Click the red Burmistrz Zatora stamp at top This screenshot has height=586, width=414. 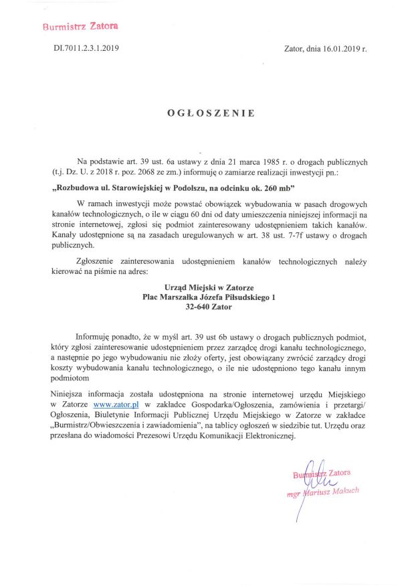(x=80, y=27)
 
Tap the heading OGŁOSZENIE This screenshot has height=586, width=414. (x=211, y=113)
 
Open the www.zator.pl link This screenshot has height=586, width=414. (x=116, y=405)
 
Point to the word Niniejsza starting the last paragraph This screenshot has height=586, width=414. (x=71, y=394)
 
